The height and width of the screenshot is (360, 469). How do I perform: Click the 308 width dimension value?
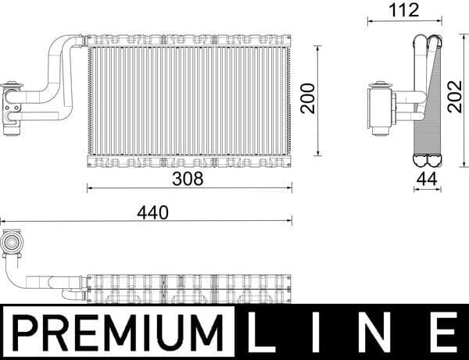click(x=188, y=178)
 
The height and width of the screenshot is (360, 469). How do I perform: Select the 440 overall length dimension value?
click(x=152, y=211)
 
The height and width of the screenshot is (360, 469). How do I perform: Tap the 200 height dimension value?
click(x=308, y=98)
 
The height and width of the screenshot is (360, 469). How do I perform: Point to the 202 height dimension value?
click(x=456, y=96)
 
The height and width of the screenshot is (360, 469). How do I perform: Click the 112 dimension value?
click(x=403, y=10)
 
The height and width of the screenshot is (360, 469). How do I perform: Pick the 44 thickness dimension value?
click(x=427, y=178)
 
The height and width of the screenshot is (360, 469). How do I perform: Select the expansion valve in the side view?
click(x=381, y=108)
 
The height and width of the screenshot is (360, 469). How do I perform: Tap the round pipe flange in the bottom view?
click(x=12, y=244)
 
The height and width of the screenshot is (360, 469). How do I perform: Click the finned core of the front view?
click(x=188, y=100)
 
